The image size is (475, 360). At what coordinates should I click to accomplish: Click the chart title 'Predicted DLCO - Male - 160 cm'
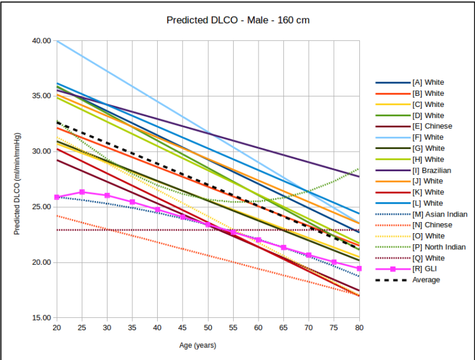tap(238, 20)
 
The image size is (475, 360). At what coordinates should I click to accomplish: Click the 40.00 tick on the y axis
tap(42, 41)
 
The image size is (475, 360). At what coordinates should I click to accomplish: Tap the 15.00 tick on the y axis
tap(42, 318)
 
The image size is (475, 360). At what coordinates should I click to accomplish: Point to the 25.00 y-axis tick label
tap(42, 207)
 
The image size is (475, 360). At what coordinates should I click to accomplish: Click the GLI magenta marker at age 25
tap(82, 192)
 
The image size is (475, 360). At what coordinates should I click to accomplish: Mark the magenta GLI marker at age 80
tap(359, 268)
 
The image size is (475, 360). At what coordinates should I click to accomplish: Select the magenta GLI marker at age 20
tap(56, 197)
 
